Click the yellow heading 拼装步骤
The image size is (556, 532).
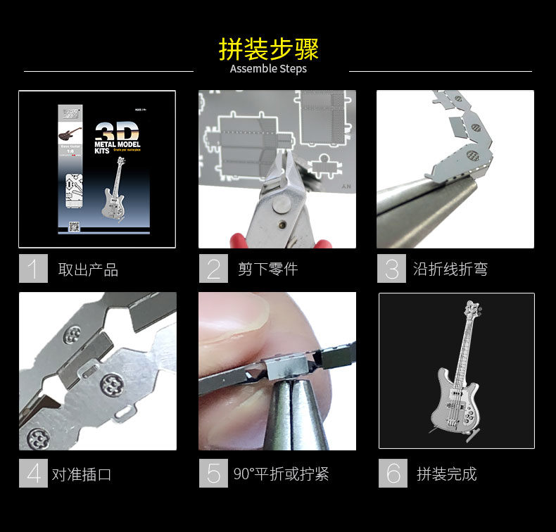click(269, 49)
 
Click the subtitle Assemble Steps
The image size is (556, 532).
click(268, 69)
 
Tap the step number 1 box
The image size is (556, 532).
click(33, 269)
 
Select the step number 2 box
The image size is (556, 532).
click(213, 269)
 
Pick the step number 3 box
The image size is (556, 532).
click(391, 269)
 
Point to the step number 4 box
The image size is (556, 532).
click(33, 473)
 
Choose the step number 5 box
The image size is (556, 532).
click(213, 473)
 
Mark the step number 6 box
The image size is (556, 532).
click(393, 473)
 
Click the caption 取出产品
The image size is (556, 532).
click(88, 270)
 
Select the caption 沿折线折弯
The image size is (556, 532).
click(450, 270)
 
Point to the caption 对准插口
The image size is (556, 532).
click(82, 474)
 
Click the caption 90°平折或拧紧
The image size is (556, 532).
click(282, 474)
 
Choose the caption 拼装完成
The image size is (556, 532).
click(446, 474)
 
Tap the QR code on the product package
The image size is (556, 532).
click(73, 227)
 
